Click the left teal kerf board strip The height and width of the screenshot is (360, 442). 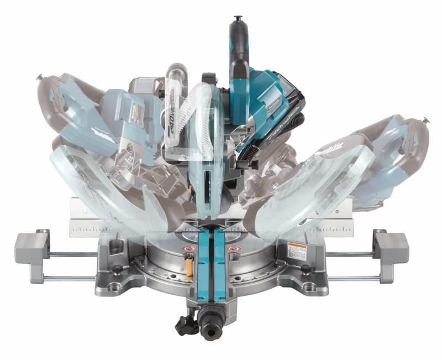pos(205,265)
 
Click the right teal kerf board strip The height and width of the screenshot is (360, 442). pos(220,265)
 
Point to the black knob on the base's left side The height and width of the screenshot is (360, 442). pos(118,269)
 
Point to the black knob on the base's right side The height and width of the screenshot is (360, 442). pos(306,269)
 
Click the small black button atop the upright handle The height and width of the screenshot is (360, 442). pos(238,19)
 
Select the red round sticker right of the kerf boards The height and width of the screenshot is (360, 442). pos(233,249)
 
